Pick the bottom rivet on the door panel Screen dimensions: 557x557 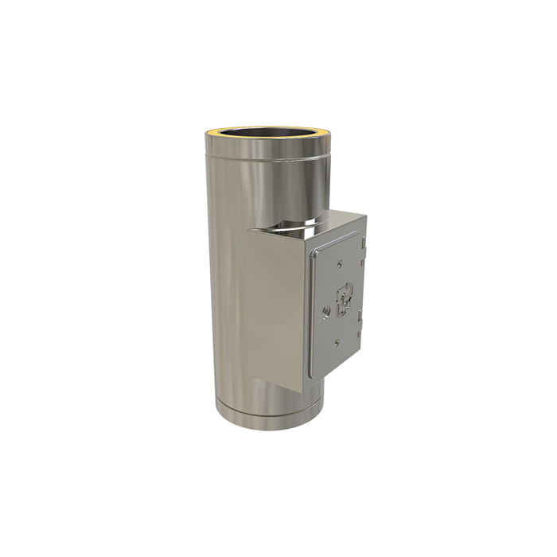point(338,342)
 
